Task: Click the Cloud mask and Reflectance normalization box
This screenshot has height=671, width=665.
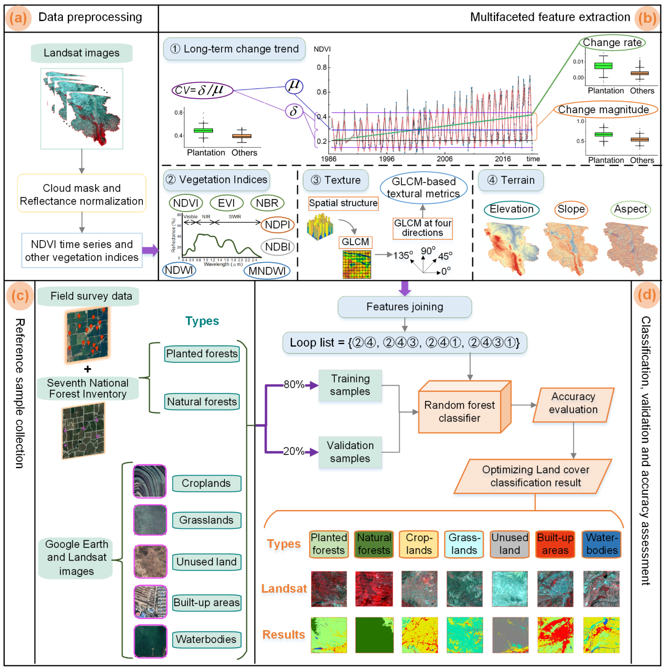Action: [81, 195]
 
